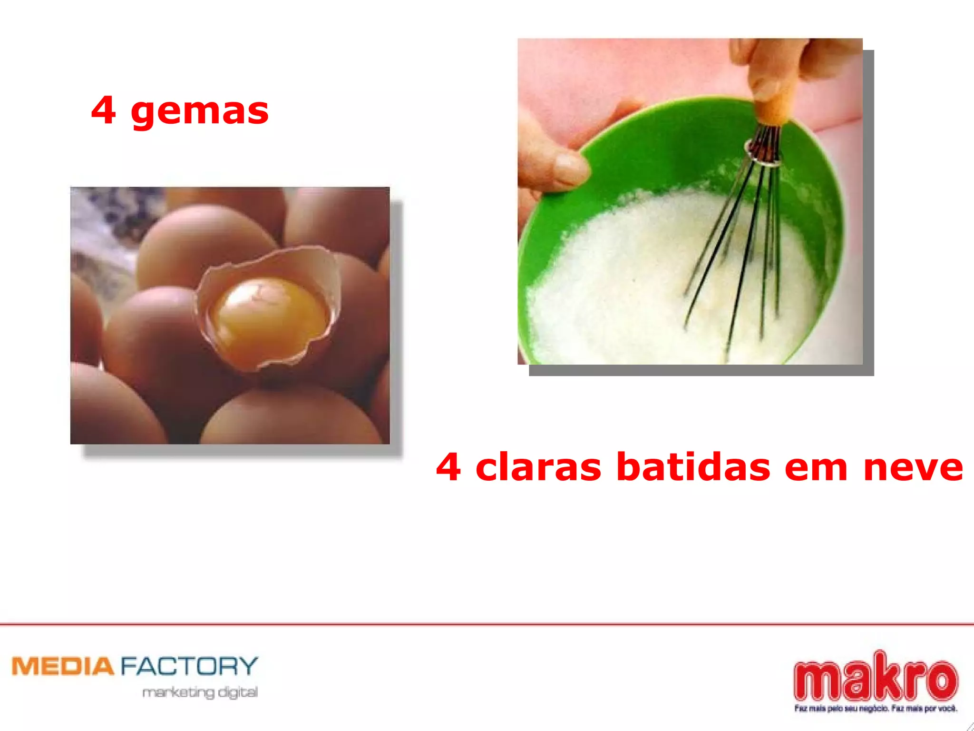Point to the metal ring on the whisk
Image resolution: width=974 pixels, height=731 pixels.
pos(763,155)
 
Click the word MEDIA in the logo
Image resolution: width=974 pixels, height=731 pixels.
pos(63,666)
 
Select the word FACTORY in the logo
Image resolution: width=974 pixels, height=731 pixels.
pos(189,666)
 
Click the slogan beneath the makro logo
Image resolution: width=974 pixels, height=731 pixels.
pos(875,709)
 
